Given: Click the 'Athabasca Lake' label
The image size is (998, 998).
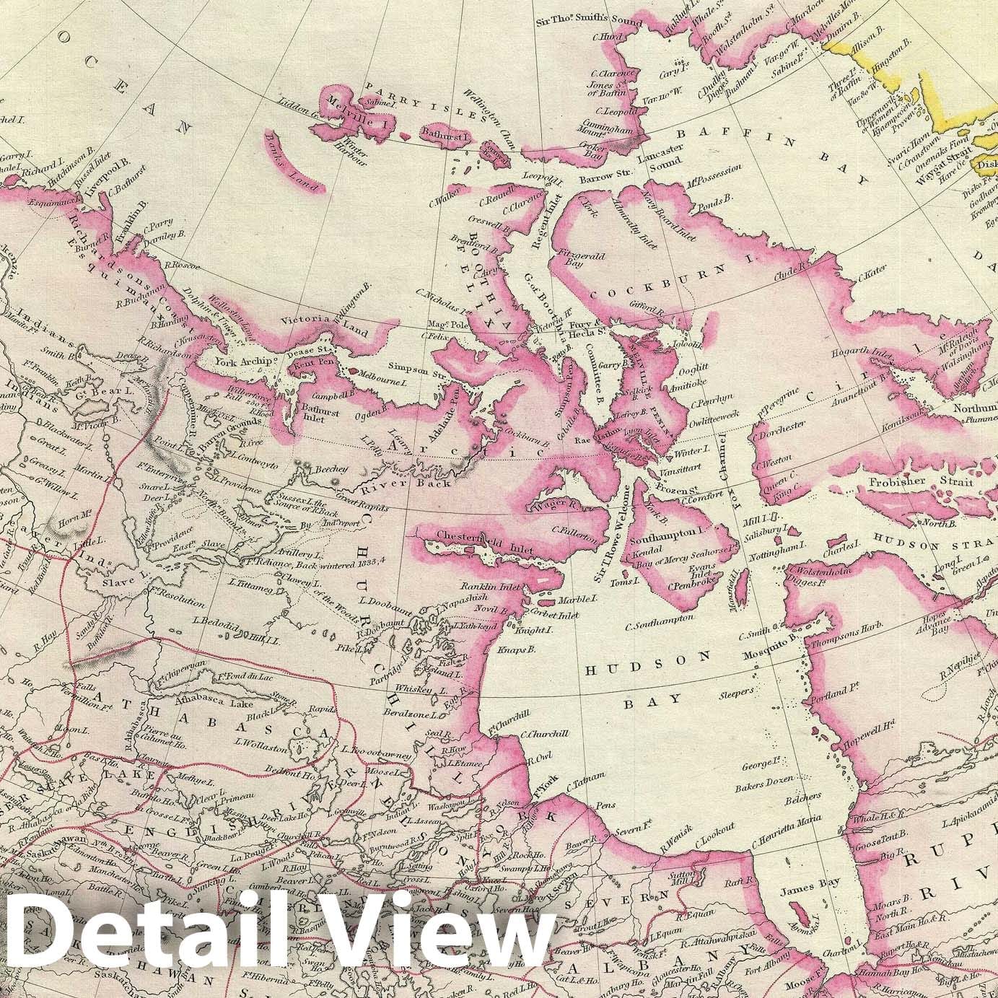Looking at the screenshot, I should coord(246,698).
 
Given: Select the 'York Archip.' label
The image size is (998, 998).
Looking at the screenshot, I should coord(240,362).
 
